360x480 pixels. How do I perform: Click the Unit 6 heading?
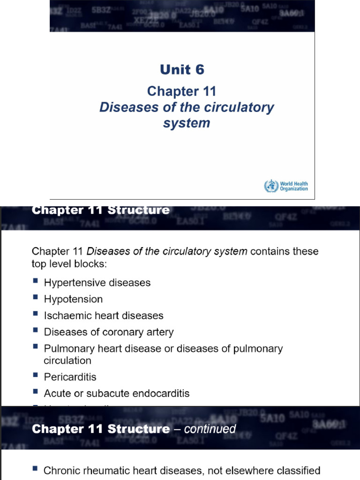[182, 70]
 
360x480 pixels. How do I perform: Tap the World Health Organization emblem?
[270, 186]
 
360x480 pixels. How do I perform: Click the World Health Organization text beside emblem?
[293, 186]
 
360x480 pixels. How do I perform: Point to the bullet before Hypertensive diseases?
[36, 282]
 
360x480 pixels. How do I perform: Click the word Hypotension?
[73, 299]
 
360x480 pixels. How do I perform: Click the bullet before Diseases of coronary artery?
[36, 331]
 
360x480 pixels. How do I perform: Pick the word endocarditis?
[162, 394]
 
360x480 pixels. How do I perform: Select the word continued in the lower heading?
[210, 428]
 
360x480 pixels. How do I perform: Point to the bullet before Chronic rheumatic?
[36, 469]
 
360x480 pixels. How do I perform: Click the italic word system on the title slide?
[187, 123]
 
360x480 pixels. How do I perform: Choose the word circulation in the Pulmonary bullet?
[67, 360]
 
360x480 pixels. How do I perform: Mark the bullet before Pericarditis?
[36, 375]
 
